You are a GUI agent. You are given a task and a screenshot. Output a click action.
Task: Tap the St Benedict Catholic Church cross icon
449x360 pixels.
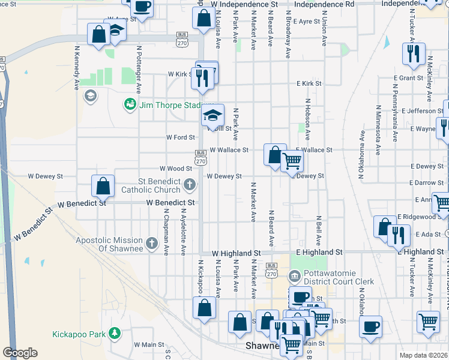pyautogui.click(x=190, y=184)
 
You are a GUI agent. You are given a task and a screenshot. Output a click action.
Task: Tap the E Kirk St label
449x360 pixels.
pyautogui.click(x=309, y=83)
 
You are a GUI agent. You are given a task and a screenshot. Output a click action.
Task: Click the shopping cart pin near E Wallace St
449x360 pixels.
pyautogui.click(x=292, y=161)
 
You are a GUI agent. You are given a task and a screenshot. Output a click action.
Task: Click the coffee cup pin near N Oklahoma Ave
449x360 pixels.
pyautogui.click(x=371, y=327)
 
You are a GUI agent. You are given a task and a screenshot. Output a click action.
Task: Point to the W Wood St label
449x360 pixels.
pyautogui.click(x=175, y=169)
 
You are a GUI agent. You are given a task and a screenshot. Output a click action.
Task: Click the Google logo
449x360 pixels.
pyautogui.click(x=20, y=353)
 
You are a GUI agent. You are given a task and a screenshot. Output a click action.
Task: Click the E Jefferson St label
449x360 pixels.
pyautogui.click(x=423, y=111)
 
